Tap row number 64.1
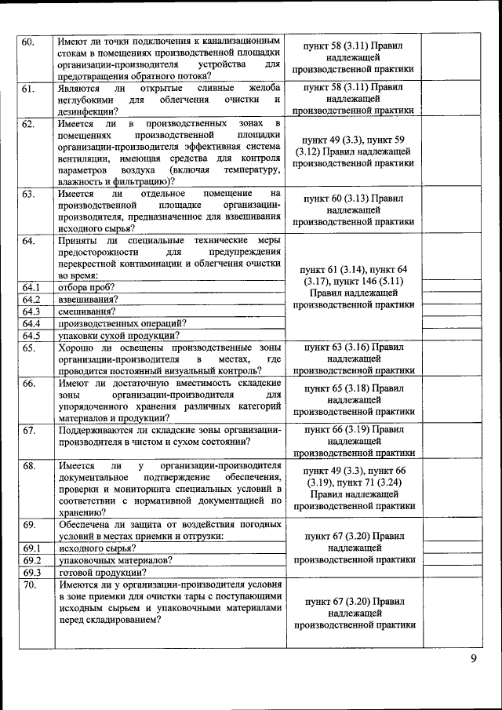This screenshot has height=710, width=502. point(31,287)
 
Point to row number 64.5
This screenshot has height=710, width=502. point(31,336)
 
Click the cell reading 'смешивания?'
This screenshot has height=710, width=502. point(86,311)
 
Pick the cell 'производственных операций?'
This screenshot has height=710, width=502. point(122,323)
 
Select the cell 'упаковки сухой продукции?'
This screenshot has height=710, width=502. point(118,336)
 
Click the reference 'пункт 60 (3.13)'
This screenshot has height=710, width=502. point(353,199)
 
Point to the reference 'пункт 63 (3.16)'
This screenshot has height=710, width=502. point(353,346)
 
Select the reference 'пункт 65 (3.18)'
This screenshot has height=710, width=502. point(353,388)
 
